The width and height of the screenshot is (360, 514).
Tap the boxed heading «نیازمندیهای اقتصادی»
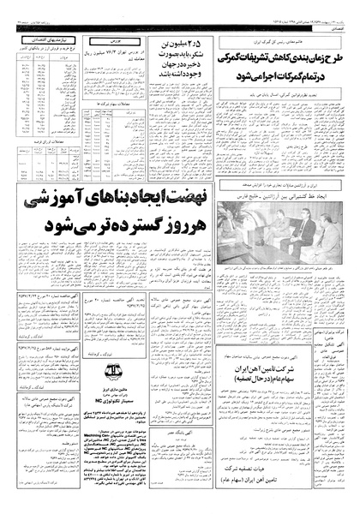tap(39, 40)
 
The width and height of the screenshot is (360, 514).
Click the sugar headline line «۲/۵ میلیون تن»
tap(175, 45)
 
